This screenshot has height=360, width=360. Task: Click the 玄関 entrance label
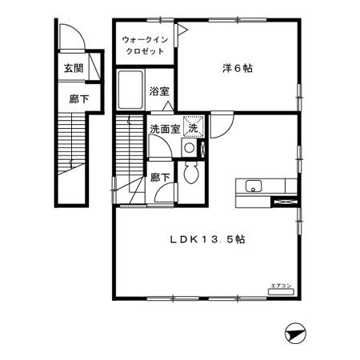pos(74,69)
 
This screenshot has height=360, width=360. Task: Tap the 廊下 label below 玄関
pos(74,99)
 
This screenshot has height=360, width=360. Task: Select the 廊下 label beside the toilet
pos(160,178)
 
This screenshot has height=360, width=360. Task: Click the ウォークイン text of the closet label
pos(145,39)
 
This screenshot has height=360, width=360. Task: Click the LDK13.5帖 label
pos(206,239)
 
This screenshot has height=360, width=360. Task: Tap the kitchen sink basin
pos(253,188)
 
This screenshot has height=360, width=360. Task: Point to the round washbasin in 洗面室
pos(189,148)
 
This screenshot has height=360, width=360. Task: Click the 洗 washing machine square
pos(193,126)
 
